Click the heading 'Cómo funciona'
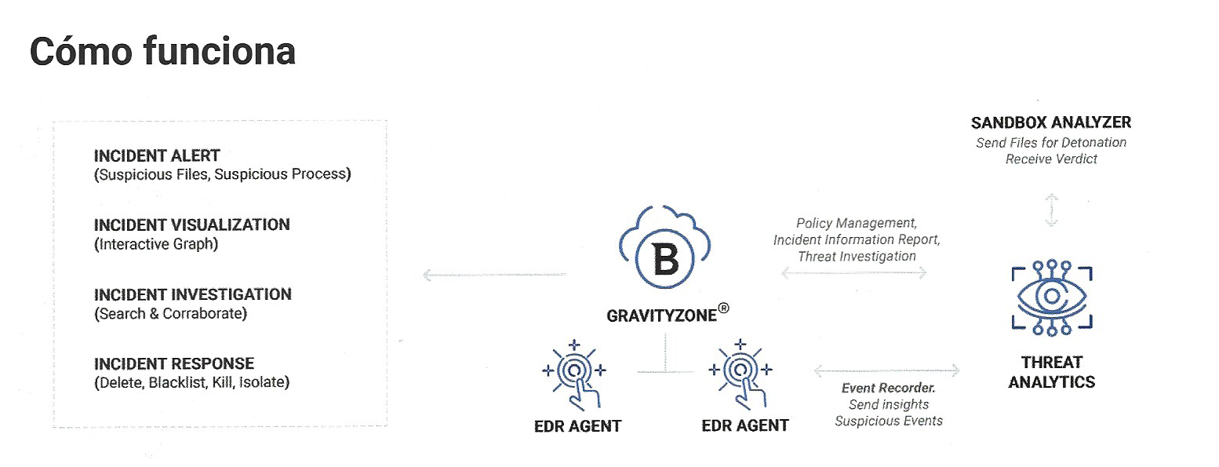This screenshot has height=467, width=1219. coord(162,52)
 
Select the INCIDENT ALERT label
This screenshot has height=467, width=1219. coord(157,155)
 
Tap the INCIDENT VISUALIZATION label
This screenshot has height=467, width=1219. coord(191,224)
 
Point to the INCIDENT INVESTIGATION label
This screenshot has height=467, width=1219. coord(192,294)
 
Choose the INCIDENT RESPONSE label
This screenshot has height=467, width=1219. coord(174,363)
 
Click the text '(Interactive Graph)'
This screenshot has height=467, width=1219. coord(156,244)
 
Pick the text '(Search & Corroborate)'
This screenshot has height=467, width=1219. coord(170,314)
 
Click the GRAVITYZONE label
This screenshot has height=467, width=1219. coord(661,316)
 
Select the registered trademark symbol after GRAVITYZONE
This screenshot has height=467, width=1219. coord(723,309)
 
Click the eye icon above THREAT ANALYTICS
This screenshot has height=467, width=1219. coord(1051,297)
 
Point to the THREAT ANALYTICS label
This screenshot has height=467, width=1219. coord(1051,372)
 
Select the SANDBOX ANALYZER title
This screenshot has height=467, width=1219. coord(1051,122)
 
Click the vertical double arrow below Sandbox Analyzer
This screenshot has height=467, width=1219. coord(1052,210)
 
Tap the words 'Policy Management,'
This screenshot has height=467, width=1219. coord(856,224)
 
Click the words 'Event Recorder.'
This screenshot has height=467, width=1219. coord(889,388)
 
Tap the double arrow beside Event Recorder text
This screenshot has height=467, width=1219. coord(887,369)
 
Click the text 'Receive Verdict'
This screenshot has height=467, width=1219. coord(1051,159)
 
